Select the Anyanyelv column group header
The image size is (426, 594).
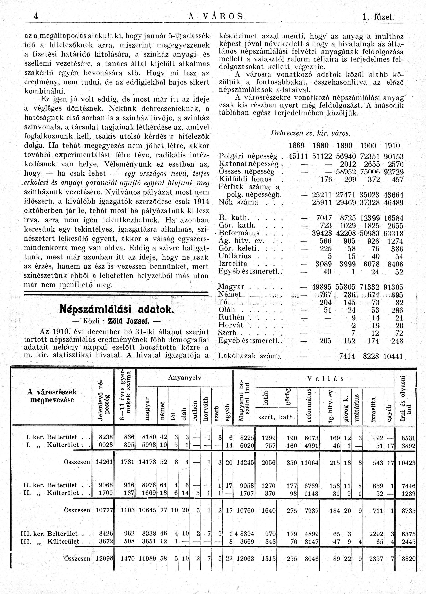185,378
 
